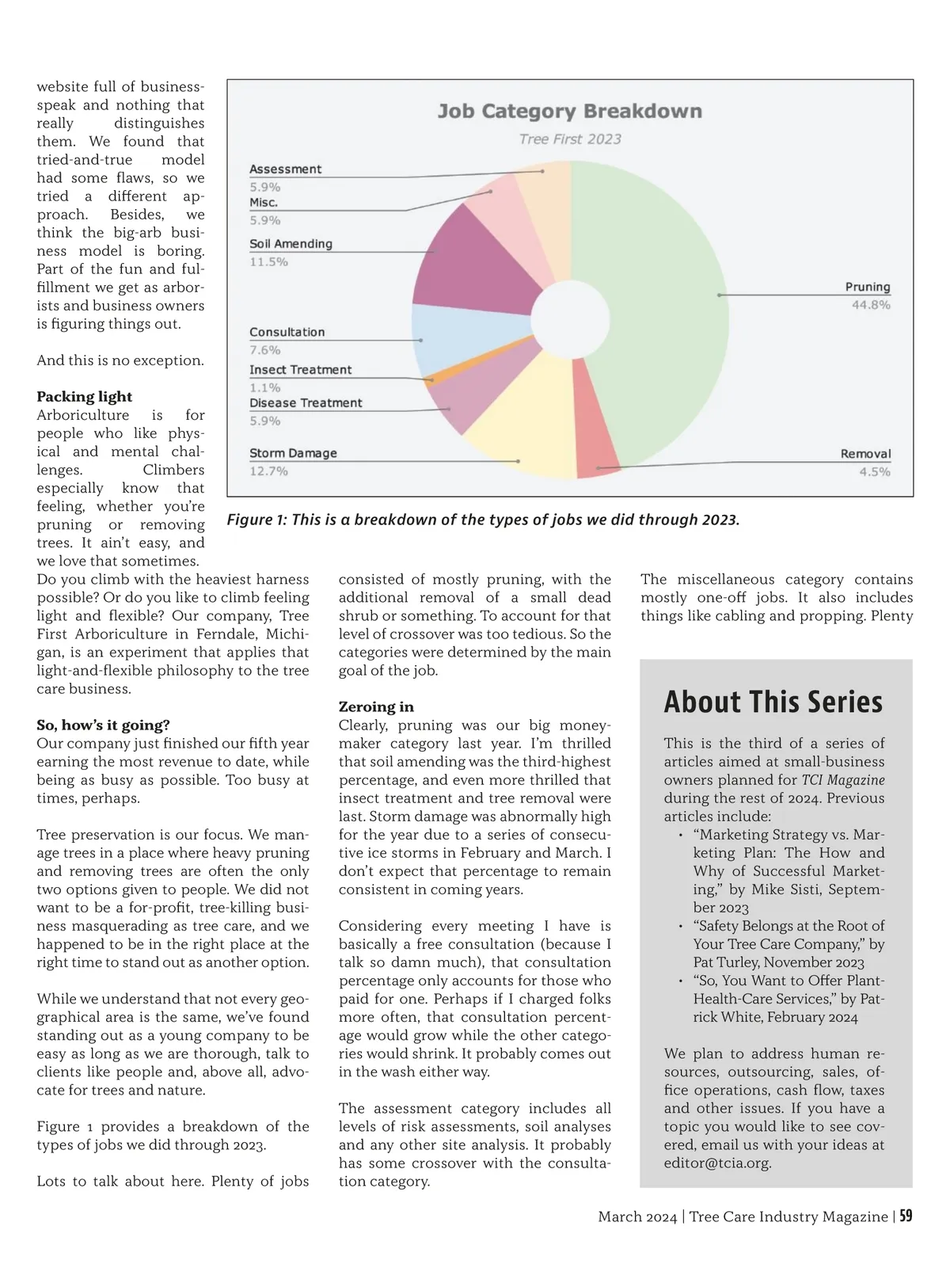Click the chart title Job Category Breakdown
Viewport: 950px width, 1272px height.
point(569,111)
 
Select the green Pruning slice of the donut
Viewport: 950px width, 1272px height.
point(665,317)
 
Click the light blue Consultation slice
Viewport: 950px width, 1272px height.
point(467,329)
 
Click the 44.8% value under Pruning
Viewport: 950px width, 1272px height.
point(870,305)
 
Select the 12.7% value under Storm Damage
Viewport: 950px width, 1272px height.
point(269,471)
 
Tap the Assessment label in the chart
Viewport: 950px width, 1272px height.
point(285,169)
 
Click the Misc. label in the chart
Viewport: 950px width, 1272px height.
point(264,203)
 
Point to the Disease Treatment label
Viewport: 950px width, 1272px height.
point(306,403)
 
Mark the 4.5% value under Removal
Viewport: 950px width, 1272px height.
point(874,472)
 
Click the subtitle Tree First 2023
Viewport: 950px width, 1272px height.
point(570,139)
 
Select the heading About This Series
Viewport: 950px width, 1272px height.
point(773,702)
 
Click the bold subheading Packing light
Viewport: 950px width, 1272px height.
point(84,397)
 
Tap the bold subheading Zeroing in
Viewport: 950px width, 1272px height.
point(376,706)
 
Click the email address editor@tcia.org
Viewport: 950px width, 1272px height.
point(717,1163)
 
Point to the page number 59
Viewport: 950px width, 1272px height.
point(906,1217)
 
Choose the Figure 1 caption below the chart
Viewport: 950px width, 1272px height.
point(483,520)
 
